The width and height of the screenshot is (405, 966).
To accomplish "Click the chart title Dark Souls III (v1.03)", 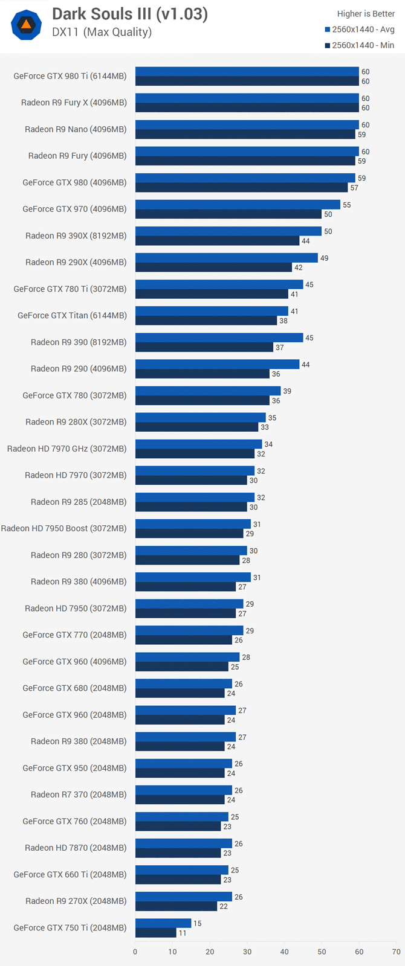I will pyautogui.click(x=129, y=14).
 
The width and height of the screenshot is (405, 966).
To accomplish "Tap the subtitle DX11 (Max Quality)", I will pyautogui.click(x=102, y=32).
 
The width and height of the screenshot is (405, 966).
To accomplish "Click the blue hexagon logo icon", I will pyautogui.click(x=26, y=25).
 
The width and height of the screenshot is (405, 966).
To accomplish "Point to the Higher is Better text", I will pyautogui.click(x=366, y=14).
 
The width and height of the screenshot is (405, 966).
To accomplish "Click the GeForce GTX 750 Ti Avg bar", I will pyautogui.click(x=163, y=923).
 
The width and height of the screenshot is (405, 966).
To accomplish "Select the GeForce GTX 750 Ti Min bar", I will pyautogui.click(x=156, y=933).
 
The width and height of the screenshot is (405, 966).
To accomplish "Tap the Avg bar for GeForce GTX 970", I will pyautogui.click(x=238, y=205).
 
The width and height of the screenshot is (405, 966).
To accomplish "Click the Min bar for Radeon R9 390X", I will pyautogui.click(x=217, y=241).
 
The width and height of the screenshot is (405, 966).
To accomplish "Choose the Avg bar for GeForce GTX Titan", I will pyautogui.click(x=212, y=311).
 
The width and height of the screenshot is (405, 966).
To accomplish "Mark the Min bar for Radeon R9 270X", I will pyautogui.click(x=176, y=906).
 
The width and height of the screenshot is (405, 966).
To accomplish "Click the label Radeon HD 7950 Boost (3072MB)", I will pyautogui.click(x=63, y=528).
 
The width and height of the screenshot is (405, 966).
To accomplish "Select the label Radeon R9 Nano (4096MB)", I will pyautogui.click(x=76, y=129).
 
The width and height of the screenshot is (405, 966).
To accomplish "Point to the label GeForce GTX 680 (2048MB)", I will pyautogui.click(x=74, y=688).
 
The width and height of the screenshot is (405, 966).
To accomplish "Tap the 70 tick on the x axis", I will pyautogui.click(x=397, y=952).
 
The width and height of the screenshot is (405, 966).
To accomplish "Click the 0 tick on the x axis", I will pyautogui.click(x=135, y=952).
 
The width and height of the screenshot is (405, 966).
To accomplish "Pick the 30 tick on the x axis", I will pyautogui.click(x=247, y=952).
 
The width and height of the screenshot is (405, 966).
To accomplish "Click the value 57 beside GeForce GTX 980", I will pyautogui.click(x=354, y=188).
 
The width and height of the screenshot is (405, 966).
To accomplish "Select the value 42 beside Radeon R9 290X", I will pyautogui.click(x=298, y=267).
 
